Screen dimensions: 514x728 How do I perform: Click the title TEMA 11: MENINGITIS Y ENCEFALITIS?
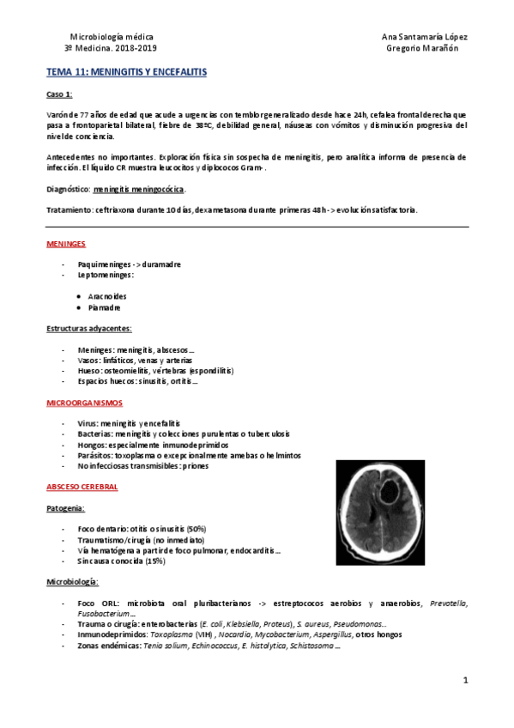click(126, 74)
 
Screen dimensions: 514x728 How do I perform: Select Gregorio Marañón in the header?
click(424, 48)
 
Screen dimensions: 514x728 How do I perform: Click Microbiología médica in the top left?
click(112, 37)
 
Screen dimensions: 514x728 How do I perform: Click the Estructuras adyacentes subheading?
click(88, 328)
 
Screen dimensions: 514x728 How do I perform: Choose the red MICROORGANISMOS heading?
click(84, 402)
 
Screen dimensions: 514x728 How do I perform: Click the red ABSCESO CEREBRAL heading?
click(82, 487)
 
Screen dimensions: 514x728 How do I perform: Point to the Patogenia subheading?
click(64, 508)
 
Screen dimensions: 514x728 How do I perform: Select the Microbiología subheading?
click(72, 582)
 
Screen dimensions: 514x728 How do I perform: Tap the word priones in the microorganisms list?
click(193, 466)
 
